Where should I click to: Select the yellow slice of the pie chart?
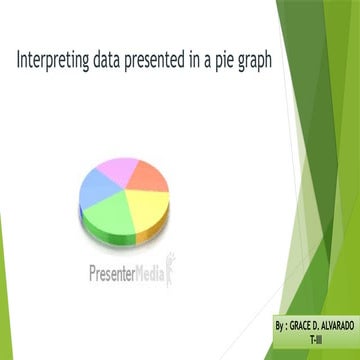pyautogui.click(x=143, y=202)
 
